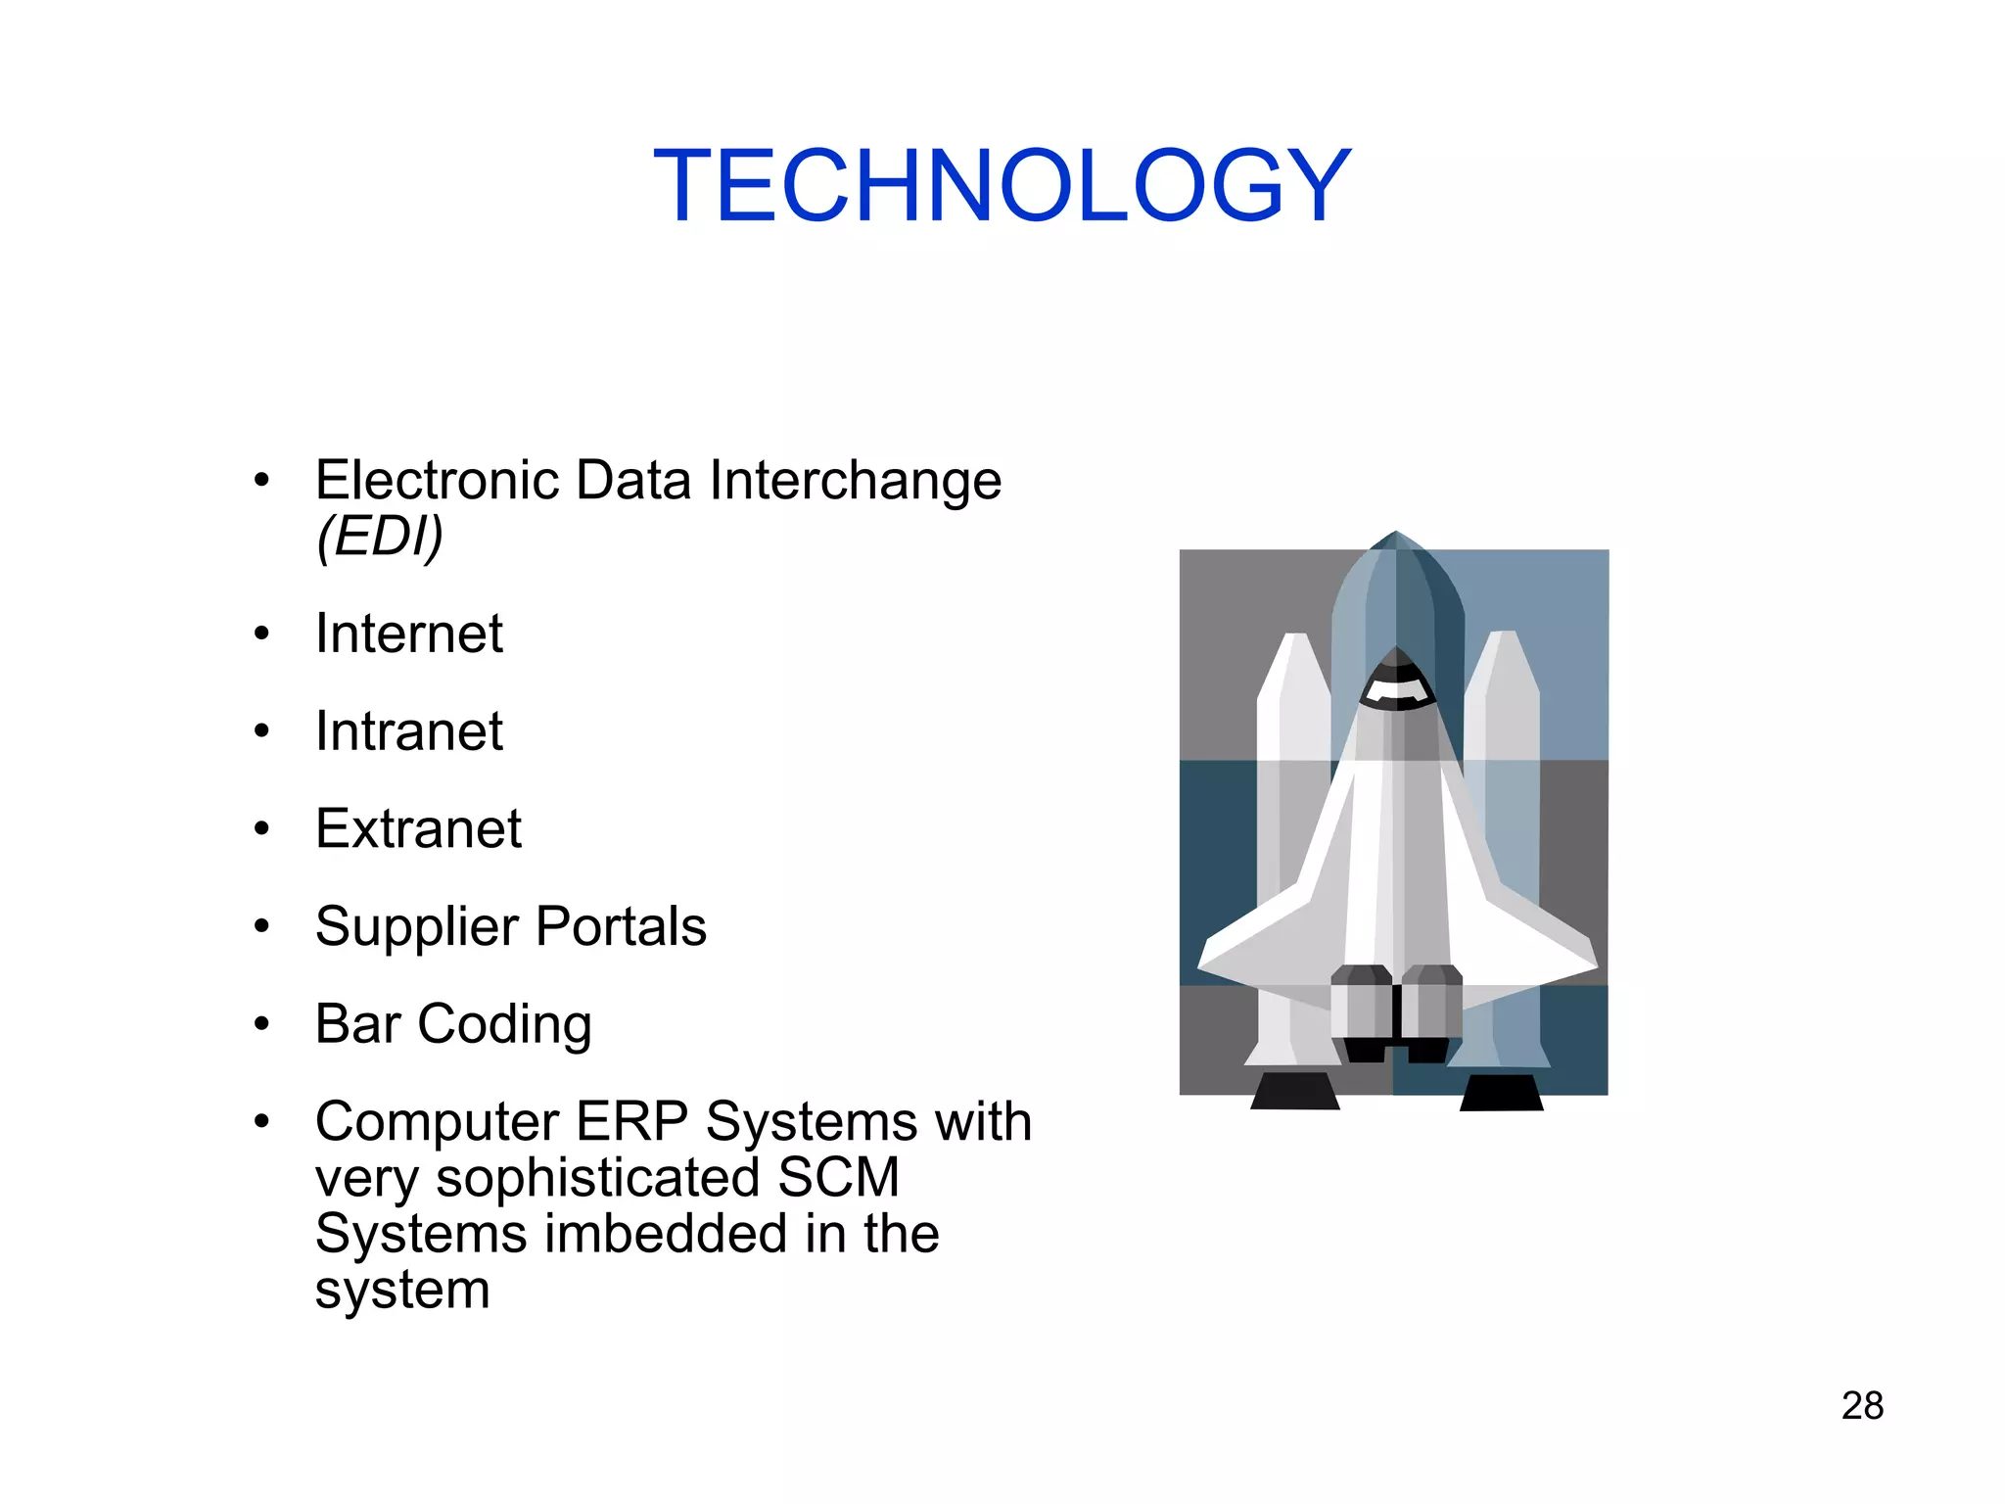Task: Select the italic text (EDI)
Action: click(380, 537)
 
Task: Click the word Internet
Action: click(408, 634)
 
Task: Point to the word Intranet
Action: click(408, 731)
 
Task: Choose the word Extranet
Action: click(418, 829)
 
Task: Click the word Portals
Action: click(621, 926)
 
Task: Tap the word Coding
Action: click(504, 1024)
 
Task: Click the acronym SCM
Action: click(838, 1177)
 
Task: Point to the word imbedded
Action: click(666, 1234)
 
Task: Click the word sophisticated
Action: click(597, 1178)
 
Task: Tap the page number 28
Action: click(1862, 1406)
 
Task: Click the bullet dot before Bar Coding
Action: click(260, 1025)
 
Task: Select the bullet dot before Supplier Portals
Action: click(260, 927)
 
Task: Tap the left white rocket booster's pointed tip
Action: click(1294, 637)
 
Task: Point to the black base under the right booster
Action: click(1501, 1093)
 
